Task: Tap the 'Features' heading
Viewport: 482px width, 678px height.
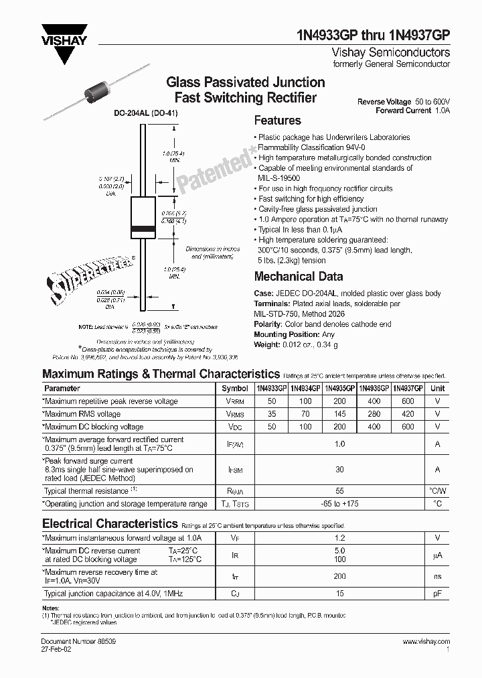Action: [x=277, y=121]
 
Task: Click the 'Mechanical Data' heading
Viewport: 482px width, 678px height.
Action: [x=299, y=276]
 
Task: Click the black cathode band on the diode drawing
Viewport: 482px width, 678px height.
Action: [x=142, y=230]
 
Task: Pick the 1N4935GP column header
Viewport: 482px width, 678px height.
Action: [x=339, y=388]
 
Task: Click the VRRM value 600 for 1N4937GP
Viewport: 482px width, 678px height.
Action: [x=408, y=401]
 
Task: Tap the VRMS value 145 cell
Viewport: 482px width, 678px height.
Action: [x=339, y=414]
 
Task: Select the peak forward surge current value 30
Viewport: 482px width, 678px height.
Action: [x=339, y=470]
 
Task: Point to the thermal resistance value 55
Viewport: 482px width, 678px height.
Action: [x=339, y=491]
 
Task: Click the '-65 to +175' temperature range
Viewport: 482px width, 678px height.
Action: [x=339, y=504]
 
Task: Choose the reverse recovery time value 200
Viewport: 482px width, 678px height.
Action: [x=339, y=576]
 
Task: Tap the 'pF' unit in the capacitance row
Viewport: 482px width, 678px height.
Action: [x=437, y=594]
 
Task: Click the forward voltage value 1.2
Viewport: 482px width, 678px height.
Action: [x=339, y=537]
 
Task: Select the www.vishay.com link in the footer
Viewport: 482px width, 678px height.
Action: [x=426, y=641]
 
